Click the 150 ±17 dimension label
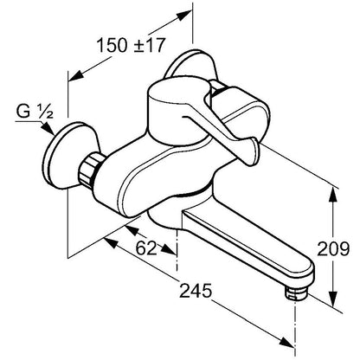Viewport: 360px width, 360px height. click(131, 45)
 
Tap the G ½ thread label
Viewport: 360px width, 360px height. click(35, 112)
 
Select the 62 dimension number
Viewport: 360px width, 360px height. click(146, 247)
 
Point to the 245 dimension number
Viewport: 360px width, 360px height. click(196, 291)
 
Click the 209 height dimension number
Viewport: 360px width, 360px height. click(333, 248)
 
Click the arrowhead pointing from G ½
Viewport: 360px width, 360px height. click(48, 129)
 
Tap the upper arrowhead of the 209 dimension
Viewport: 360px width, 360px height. click(334, 196)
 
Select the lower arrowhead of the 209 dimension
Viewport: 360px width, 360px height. click(333, 299)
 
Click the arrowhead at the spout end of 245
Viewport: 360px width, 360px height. click(286, 340)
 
